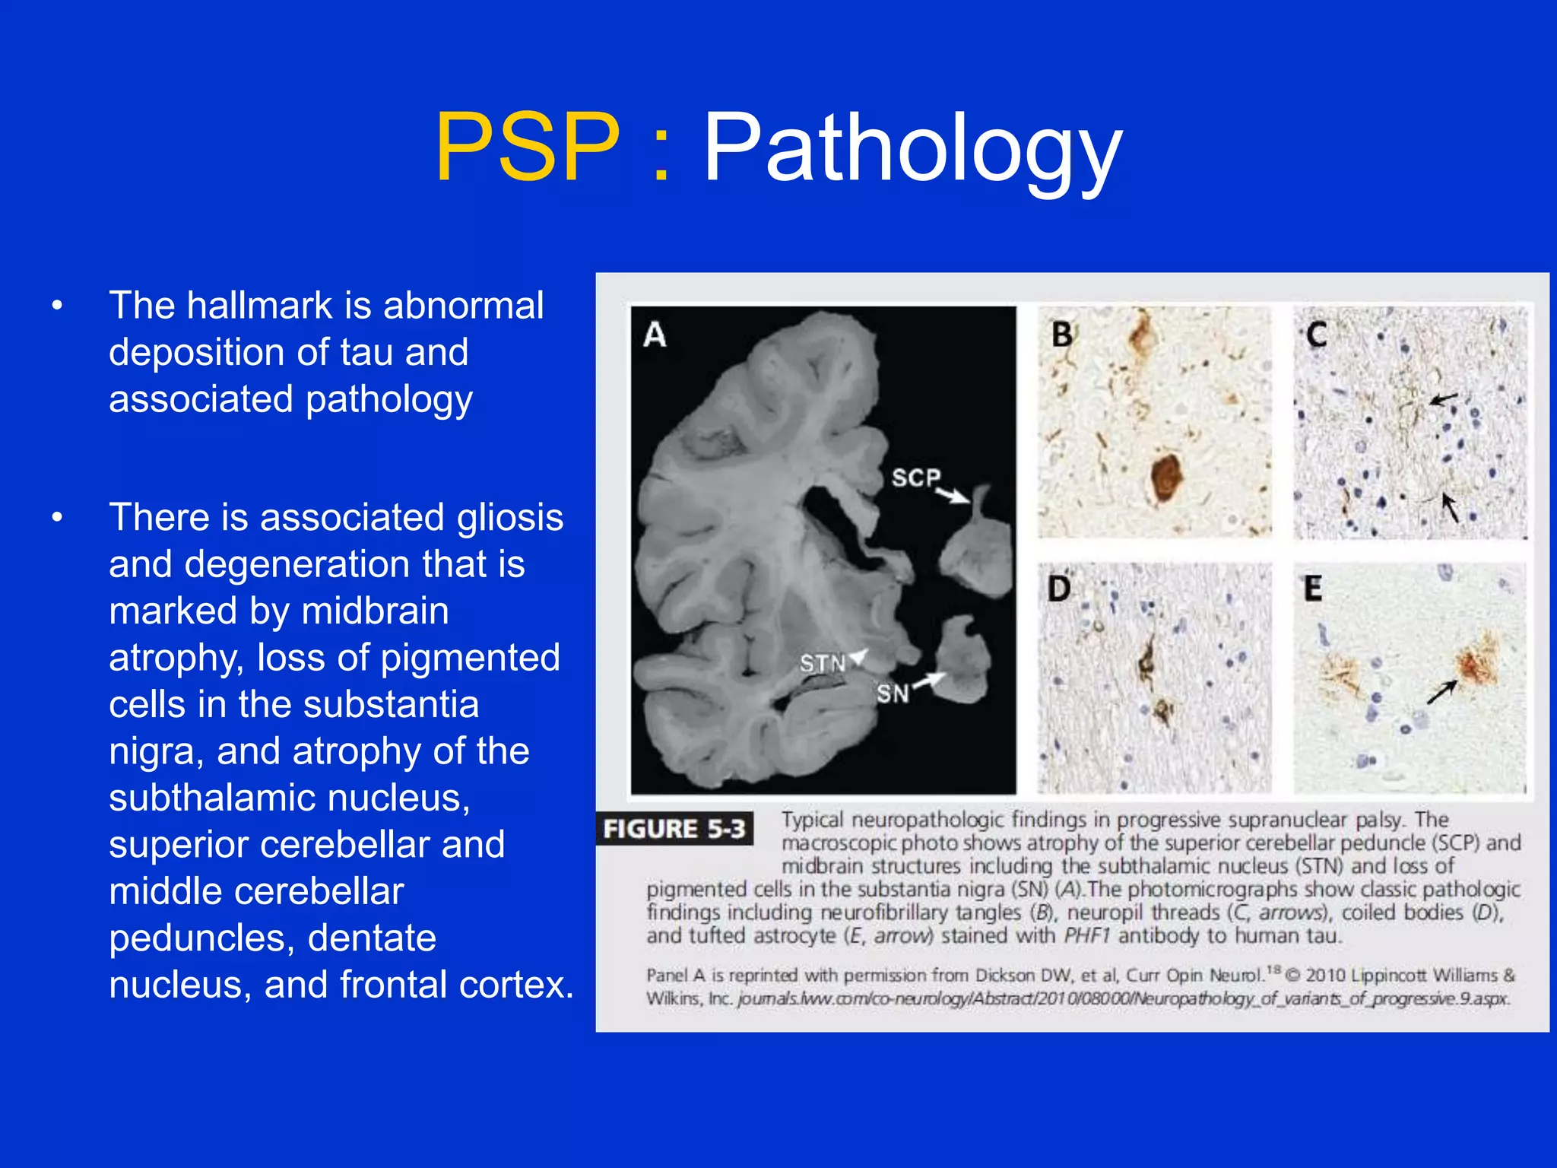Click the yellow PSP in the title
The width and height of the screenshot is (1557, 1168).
click(527, 147)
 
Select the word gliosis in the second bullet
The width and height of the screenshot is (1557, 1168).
click(509, 518)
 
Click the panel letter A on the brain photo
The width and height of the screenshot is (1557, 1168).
click(655, 335)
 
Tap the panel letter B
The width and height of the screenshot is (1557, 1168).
click(1062, 335)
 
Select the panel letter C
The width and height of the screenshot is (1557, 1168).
click(1317, 335)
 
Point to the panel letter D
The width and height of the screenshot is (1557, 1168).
click(1059, 589)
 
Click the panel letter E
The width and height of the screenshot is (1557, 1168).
click(1313, 589)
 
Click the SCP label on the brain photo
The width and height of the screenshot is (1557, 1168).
click(915, 478)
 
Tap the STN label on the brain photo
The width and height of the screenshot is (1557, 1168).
click(822, 664)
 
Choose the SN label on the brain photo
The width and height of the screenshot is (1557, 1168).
click(892, 693)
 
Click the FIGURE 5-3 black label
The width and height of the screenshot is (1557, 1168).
click(674, 829)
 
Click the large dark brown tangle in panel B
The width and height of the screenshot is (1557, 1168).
click(1165, 476)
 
